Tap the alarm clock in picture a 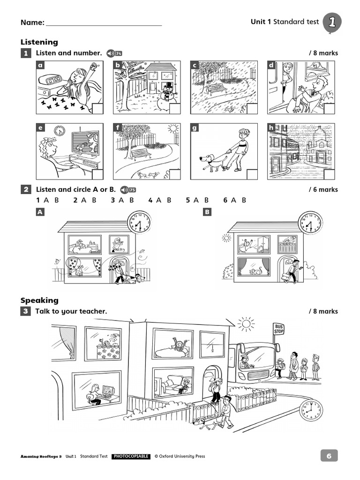(x=50, y=79)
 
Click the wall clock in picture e (x=59, y=131)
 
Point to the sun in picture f (x=173, y=128)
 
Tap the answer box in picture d (x=329, y=109)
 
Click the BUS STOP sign (x=279, y=328)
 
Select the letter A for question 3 (x=121, y=200)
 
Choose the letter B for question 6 (x=244, y=200)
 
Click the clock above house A (x=139, y=222)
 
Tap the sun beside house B (x=226, y=238)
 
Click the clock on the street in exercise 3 (x=310, y=411)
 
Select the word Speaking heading (x=39, y=300)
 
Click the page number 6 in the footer (x=329, y=456)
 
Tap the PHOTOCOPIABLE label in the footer (x=131, y=456)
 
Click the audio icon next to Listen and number (x=114, y=53)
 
